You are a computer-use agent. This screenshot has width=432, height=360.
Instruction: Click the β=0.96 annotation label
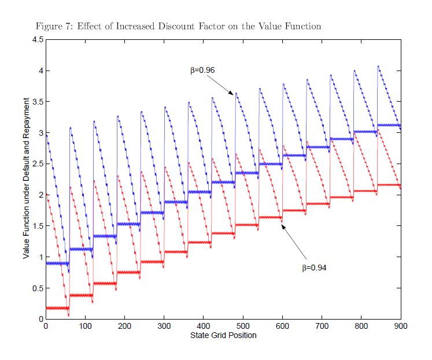pyautogui.click(x=202, y=70)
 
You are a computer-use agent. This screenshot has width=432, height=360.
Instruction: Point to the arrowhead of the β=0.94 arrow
pyautogui.click(x=283, y=226)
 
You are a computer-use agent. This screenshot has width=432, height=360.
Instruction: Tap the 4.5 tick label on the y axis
pyautogui.click(x=37, y=40)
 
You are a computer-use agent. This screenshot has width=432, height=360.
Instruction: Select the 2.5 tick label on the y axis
pyautogui.click(x=37, y=164)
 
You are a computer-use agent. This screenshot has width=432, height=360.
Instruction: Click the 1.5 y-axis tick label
pyautogui.click(x=37, y=226)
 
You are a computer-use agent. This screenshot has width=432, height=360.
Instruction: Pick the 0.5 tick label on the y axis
pyautogui.click(x=37, y=288)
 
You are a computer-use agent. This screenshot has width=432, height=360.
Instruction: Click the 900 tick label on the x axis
pyautogui.click(x=401, y=326)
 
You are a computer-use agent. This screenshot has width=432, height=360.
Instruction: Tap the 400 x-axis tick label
pyautogui.click(x=203, y=326)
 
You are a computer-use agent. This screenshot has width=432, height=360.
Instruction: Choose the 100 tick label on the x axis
pyautogui.click(x=85, y=326)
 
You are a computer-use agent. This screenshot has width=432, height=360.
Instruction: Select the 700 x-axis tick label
pyautogui.click(x=322, y=326)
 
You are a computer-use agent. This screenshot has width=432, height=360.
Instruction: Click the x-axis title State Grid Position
pyautogui.click(x=223, y=335)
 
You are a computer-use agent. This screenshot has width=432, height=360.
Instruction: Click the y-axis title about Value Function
pyautogui.click(x=26, y=179)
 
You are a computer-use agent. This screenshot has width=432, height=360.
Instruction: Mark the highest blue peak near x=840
pyautogui.click(x=378, y=66)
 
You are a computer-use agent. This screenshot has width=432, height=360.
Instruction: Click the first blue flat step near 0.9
pyautogui.click(x=57, y=263)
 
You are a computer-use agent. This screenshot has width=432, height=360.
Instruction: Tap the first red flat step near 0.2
pyautogui.click(x=57, y=308)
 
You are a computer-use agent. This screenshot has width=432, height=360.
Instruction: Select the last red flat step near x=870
pyautogui.click(x=389, y=185)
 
